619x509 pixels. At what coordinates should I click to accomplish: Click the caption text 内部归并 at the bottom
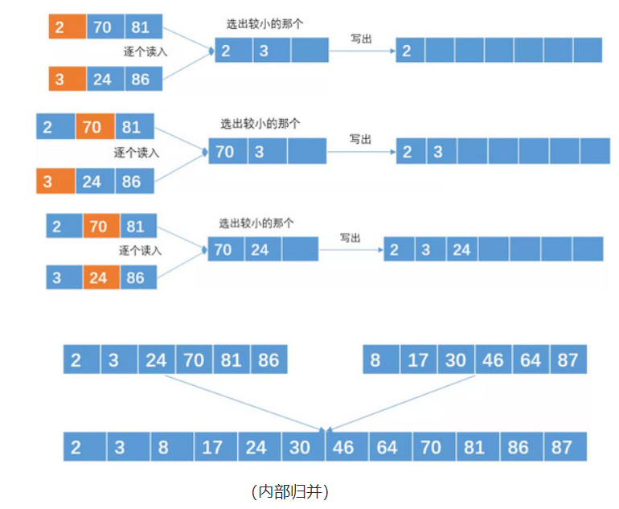290,491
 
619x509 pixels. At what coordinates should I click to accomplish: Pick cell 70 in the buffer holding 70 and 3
228,151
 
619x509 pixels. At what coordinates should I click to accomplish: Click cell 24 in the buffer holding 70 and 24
262,249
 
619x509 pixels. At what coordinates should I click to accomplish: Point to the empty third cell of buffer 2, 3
309,50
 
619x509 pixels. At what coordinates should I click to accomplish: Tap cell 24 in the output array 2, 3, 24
461,249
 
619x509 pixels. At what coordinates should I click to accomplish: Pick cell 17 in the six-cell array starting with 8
418,359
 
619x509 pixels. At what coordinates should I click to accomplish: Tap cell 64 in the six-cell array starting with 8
531,359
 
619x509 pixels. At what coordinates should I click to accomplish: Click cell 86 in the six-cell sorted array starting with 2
268,359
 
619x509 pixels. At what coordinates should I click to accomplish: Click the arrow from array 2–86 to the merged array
241,402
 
